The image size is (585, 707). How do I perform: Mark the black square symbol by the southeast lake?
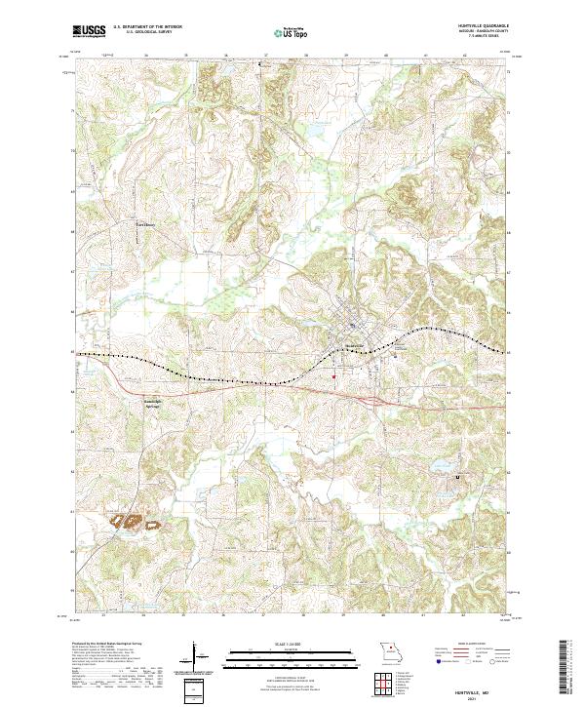[x=458, y=477]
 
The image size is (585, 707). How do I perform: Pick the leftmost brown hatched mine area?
[x=124, y=521]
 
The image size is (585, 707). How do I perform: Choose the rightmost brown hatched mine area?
[x=153, y=525]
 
